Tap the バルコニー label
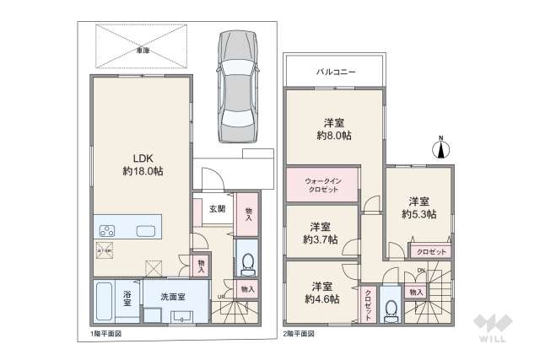[x=335, y=72]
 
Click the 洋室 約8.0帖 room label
[x=335, y=128]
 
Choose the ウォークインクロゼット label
[x=321, y=184]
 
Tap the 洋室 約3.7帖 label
[x=319, y=233]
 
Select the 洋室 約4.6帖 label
[x=321, y=293]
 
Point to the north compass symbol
[x=440, y=150]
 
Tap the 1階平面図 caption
[x=107, y=334]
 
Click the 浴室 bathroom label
[x=127, y=298]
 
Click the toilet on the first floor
[x=247, y=264]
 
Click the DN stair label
[x=421, y=269]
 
